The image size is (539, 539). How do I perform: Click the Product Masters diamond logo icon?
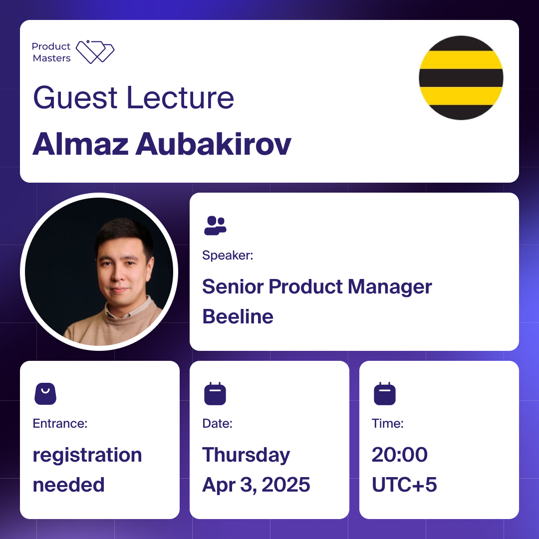(95, 52)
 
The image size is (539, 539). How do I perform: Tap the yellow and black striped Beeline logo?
(461, 78)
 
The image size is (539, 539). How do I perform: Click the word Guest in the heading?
(75, 98)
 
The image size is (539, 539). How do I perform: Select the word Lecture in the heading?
(181, 98)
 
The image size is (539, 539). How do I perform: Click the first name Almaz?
(80, 144)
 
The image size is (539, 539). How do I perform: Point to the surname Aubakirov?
(214, 144)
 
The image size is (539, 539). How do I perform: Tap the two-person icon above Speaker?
(215, 226)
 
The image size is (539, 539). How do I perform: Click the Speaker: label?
(228, 256)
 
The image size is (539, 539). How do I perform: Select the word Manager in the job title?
(390, 287)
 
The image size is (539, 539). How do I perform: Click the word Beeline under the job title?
(238, 316)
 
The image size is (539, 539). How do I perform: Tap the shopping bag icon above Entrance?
(45, 394)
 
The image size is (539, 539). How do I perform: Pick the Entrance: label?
(60, 424)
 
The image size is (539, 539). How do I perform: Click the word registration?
(87, 456)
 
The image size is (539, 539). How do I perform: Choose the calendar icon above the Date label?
(215, 394)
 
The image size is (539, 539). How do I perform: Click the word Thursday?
(246, 456)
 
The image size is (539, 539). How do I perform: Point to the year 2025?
(285, 485)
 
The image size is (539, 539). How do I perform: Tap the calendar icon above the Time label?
(385, 394)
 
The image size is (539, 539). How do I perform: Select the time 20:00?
(400, 455)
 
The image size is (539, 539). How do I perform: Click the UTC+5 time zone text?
(404, 485)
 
